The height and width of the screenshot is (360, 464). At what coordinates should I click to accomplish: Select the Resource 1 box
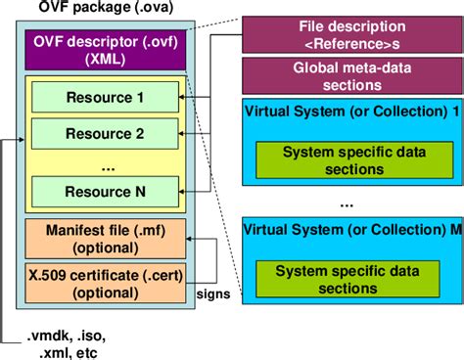[105, 99]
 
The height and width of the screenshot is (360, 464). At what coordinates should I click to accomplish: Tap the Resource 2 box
[105, 131]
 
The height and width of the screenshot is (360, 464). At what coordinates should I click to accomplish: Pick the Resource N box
[105, 188]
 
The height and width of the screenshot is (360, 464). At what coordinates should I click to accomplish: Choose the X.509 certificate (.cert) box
[104, 281]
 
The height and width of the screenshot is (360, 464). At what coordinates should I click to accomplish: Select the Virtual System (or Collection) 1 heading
[350, 112]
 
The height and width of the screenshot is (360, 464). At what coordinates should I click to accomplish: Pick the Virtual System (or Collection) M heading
[350, 232]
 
